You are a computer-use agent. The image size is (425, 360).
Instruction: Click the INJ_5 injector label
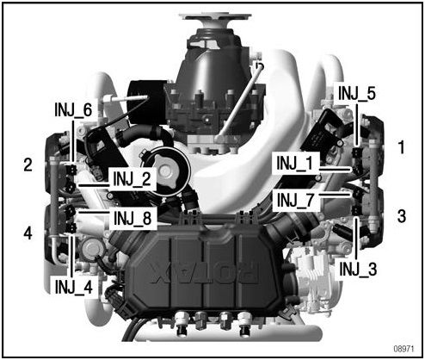[x=356, y=93]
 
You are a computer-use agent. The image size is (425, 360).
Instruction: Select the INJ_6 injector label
[x=73, y=109]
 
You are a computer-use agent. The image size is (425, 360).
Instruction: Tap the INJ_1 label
[x=294, y=163]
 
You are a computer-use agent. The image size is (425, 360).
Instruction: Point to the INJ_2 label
[x=132, y=178]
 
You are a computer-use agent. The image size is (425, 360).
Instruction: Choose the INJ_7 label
[x=295, y=200]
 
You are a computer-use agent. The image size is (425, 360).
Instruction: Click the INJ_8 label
[x=132, y=218]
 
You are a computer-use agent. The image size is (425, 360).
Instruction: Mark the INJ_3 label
[x=358, y=269]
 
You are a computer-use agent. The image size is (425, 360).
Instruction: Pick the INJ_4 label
[x=74, y=287]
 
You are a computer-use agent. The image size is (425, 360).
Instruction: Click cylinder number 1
[x=402, y=147]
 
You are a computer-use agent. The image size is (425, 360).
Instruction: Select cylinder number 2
[x=28, y=164]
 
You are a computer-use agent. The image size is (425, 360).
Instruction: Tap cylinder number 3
[x=402, y=215]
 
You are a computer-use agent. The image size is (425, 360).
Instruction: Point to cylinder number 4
[x=28, y=233]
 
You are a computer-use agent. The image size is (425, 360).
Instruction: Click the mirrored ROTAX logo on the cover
[x=204, y=273]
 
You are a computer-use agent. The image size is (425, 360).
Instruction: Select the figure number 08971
[x=403, y=349]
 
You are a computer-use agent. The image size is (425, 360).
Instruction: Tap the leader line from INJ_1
[x=335, y=170]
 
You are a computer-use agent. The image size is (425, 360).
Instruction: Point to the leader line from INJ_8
[x=94, y=213]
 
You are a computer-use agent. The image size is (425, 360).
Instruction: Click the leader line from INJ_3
[x=355, y=239]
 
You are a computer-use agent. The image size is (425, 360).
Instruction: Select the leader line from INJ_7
[x=335, y=195]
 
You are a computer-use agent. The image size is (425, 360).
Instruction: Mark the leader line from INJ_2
[x=94, y=185]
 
